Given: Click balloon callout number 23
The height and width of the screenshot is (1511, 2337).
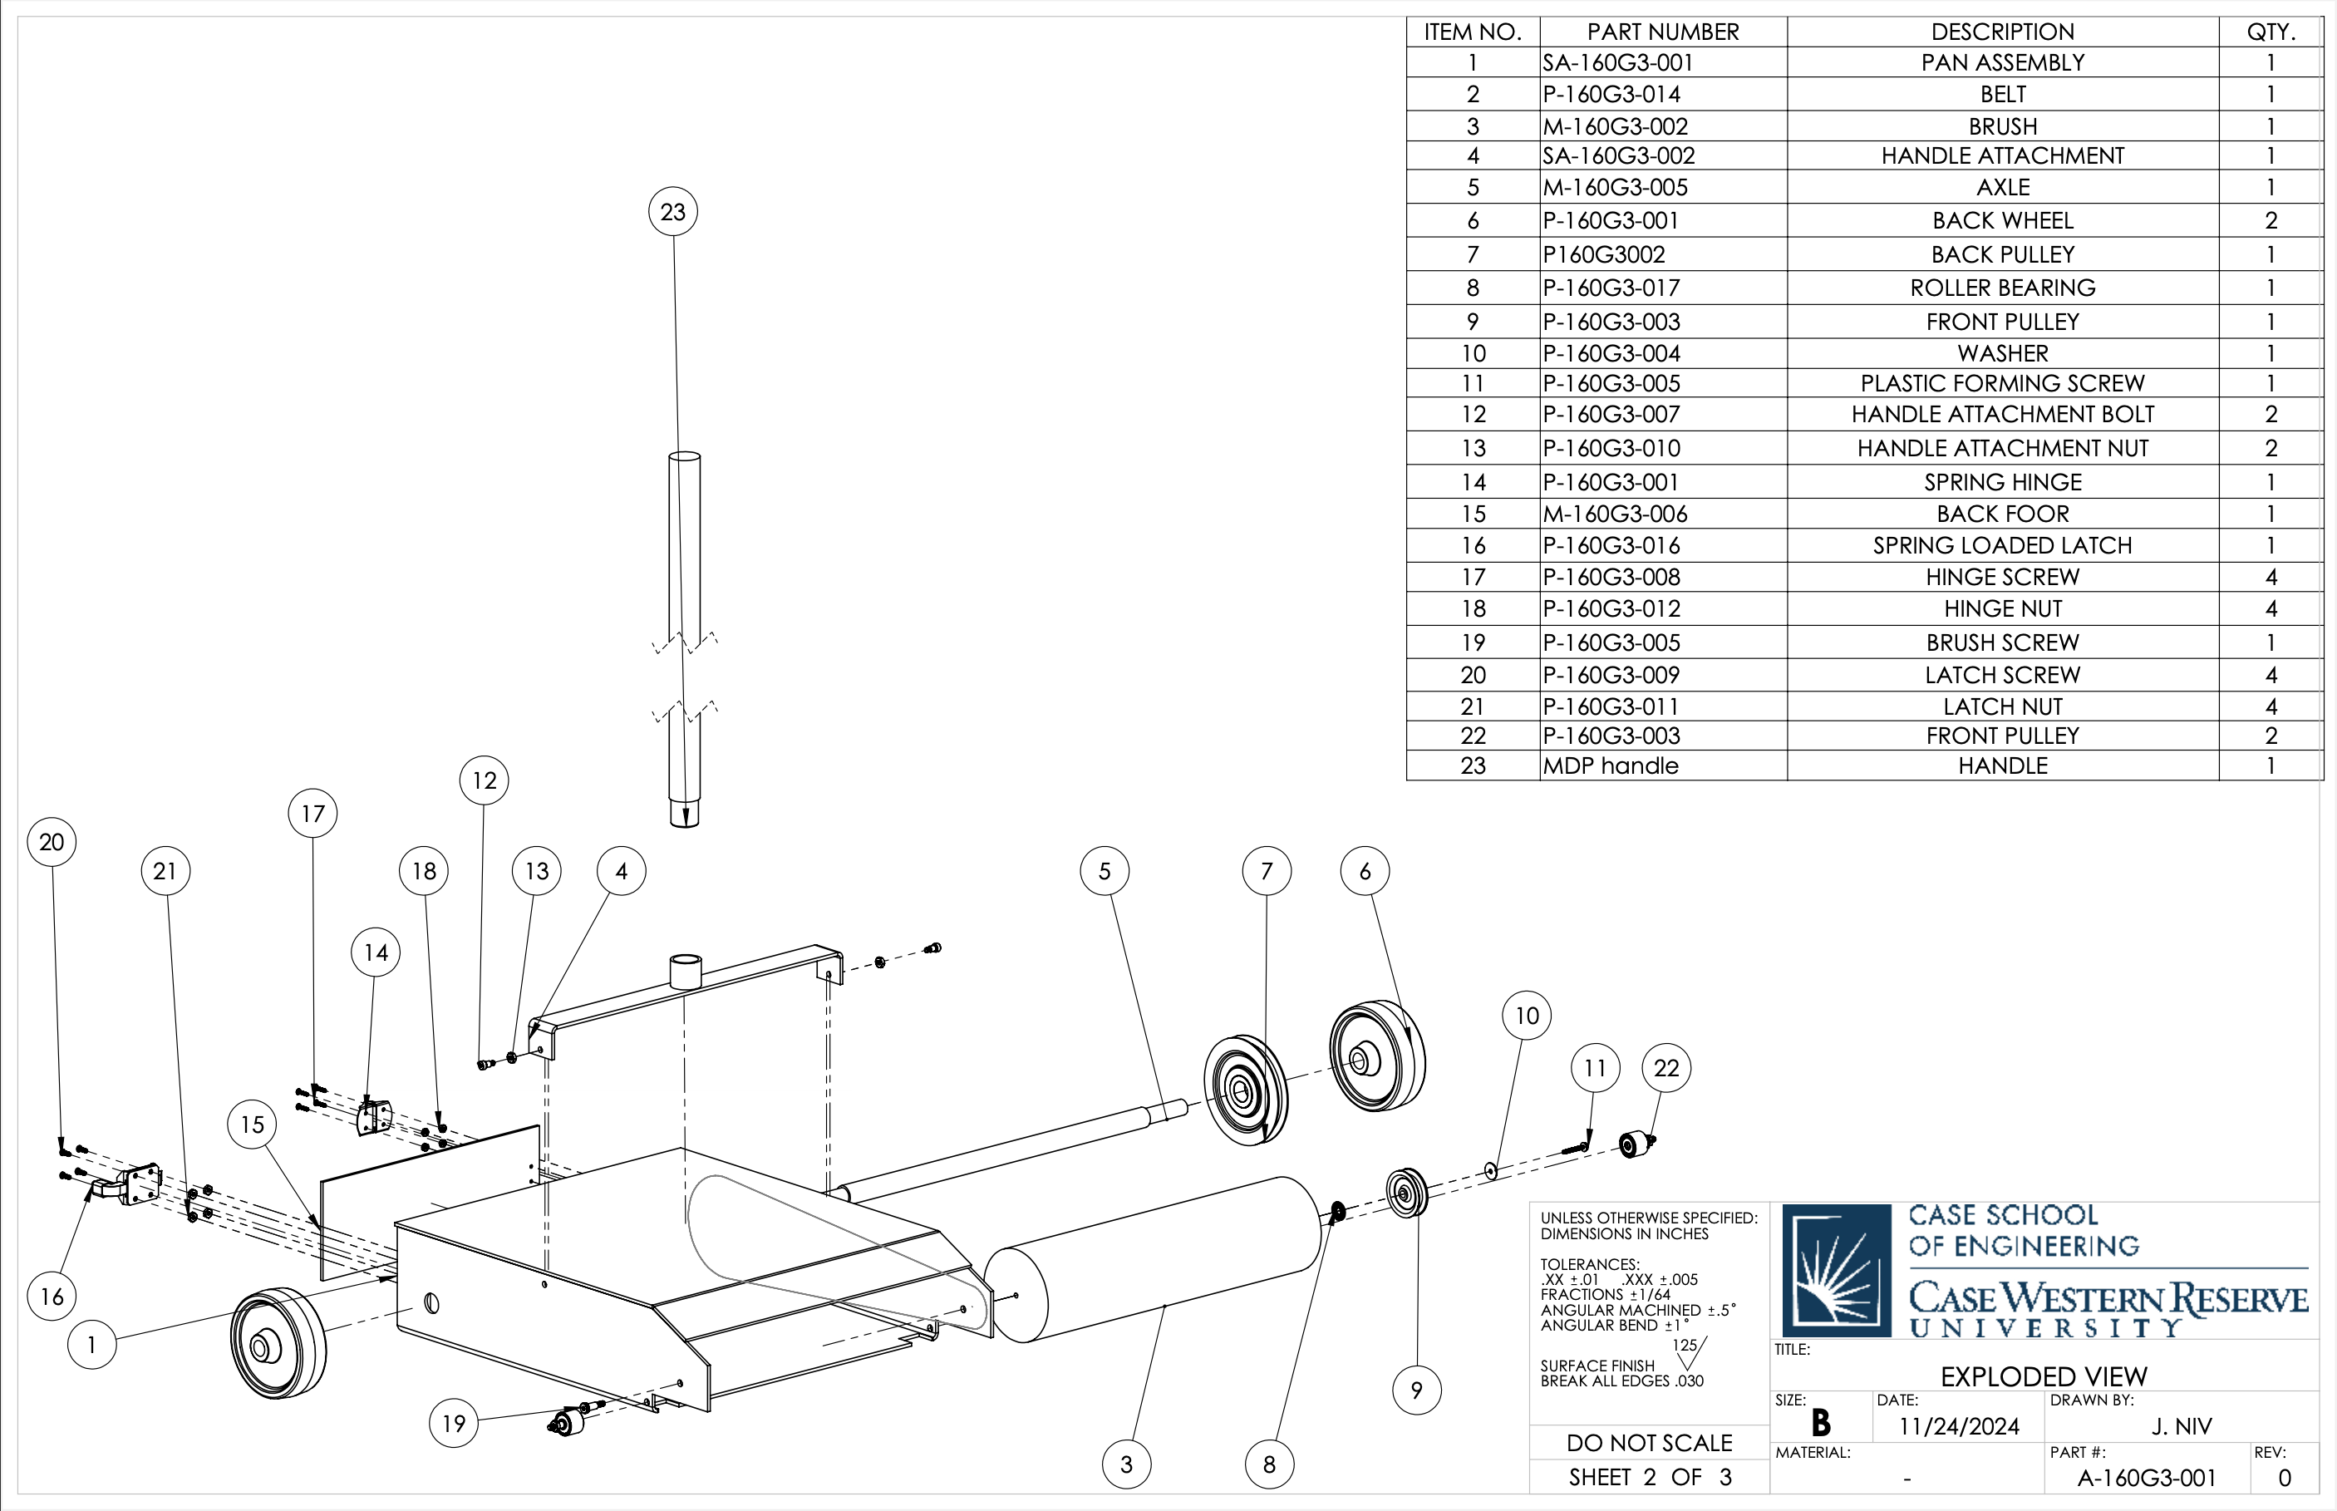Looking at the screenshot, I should coord(673,212).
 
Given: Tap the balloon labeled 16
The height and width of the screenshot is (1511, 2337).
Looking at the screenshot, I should coord(52,1296).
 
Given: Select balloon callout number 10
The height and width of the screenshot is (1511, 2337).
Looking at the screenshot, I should coord(1527,1016).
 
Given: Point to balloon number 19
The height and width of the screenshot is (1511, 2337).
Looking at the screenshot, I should coord(453,1423).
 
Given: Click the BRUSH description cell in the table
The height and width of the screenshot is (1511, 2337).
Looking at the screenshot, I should coord(2001,126).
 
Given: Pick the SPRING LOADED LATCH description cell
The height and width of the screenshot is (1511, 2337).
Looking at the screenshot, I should coord(2001,545).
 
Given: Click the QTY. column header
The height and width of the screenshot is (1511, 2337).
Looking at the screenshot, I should coord(2270,32).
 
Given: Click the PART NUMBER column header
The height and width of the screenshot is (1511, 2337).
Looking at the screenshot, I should coord(1662,32).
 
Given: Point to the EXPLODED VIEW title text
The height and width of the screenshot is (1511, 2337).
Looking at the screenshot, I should coord(2043,1376).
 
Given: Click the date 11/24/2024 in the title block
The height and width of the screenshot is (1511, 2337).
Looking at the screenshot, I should coord(1958,1425).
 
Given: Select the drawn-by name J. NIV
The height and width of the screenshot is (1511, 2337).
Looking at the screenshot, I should coord(2181,1425).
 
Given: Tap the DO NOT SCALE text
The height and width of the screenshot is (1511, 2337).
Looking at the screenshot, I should coord(1648,1442).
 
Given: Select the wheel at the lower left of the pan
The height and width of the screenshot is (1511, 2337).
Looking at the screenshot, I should coord(278,1343).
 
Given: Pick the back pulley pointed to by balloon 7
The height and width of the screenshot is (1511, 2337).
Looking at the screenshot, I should coord(1245,1089).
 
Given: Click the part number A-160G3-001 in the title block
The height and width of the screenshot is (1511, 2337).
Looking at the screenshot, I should coord(2146,1478).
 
